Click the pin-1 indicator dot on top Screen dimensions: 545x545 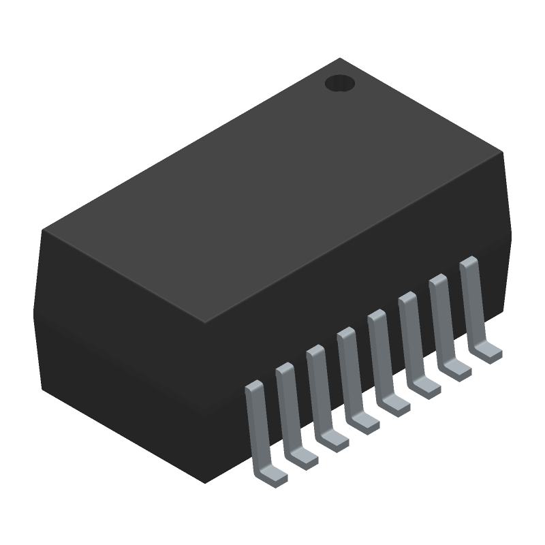[340, 83]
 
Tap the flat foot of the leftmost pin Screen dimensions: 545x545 [272, 474]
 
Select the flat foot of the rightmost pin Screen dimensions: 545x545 [488, 352]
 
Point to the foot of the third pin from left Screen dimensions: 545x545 [334, 440]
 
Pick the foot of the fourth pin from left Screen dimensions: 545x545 [364, 422]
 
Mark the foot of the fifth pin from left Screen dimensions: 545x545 [395, 405]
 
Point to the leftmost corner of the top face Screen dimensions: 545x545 [43, 230]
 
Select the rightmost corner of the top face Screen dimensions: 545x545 [503, 153]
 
